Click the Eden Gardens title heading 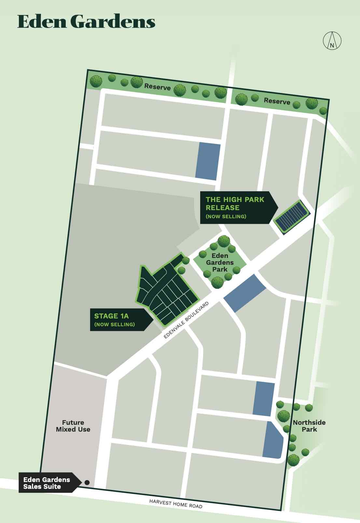(86, 22)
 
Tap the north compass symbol (332, 41)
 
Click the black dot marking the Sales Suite (87, 483)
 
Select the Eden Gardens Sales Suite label (47, 483)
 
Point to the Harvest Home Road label (176, 504)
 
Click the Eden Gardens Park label (220, 262)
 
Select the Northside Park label (309, 426)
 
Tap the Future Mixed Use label (73, 426)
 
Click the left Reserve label (157, 87)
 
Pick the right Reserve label (277, 101)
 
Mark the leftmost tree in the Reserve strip (96, 81)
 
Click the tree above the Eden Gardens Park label (224, 241)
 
